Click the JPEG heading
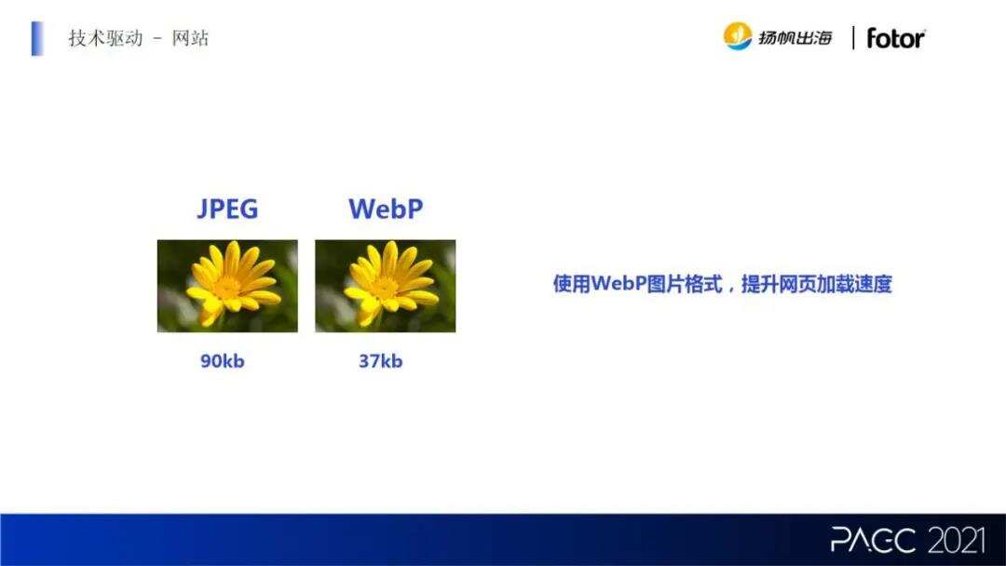[x=227, y=209]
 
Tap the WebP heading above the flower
[x=385, y=209]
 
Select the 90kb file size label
[x=222, y=361]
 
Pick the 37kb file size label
[x=380, y=361]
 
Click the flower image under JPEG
[x=227, y=286]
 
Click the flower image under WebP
[x=385, y=286]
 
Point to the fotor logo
[x=895, y=38]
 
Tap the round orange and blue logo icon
[x=738, y=36]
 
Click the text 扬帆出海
[x=795, y=38]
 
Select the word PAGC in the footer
[x=873, y=539]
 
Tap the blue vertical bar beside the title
[x=37, y=38]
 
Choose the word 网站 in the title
[x=190, y=39]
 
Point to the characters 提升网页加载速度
[x=816, y=284]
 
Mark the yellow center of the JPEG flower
[x=226, y=282]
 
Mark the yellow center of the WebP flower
[x=384, y=282]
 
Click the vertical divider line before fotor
[x=853, y=38]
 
